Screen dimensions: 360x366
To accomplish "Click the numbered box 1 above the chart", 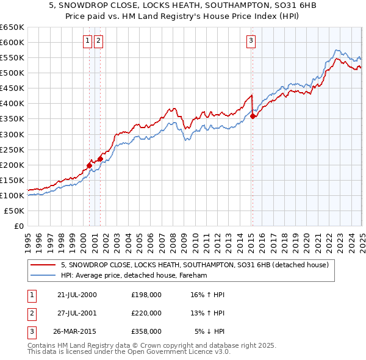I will pos(88,41).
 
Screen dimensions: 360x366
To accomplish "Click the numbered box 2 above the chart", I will pos(98,41).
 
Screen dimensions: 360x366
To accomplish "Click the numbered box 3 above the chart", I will pos(251,41).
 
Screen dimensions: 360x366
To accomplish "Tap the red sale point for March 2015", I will pos(253,117).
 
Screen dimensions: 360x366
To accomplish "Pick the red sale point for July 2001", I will pos(100,159).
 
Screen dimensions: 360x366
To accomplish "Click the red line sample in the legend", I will pos(43,265).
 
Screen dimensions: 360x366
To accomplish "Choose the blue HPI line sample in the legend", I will pos(43,276).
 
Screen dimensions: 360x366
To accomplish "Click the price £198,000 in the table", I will pos(146,295).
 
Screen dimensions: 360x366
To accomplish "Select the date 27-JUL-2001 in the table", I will pos(77,313).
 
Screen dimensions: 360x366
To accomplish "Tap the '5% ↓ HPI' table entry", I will pos(210,331).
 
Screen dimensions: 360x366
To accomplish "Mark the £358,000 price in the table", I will pos(146,331).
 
